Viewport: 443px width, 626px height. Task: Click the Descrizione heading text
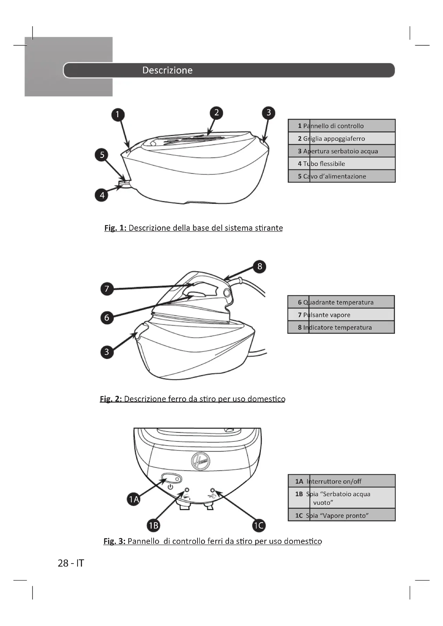coord(167,70)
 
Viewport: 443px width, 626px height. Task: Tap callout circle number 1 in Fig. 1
coord(118,114)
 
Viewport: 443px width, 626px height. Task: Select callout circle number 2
coord(216,113)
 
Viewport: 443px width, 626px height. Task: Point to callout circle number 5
coord(102,155)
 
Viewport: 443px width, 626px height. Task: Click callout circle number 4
coord(102,195)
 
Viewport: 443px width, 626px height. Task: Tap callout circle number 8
coord(260,266)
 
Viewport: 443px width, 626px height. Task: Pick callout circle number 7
coord(107,289)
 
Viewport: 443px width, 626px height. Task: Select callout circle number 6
coord(107,318)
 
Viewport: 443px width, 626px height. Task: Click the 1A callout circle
coord(134,499)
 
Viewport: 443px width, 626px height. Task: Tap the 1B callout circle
coord(153,525)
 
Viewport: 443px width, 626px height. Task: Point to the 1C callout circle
coord(259,525)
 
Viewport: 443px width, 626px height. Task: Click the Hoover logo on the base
coord(201,461)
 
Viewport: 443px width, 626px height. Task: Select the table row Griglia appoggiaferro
coord(341,139)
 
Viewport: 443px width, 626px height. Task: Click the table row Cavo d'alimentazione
coord(341,176)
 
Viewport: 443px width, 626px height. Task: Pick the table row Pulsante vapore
coord(341,315)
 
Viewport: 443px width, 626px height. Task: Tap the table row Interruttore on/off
coord(341,481)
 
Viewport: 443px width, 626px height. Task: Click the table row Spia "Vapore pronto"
coord(341,515)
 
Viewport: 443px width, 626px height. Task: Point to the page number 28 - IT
coord(71,563)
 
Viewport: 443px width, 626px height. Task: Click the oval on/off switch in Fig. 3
coord(171,479)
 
